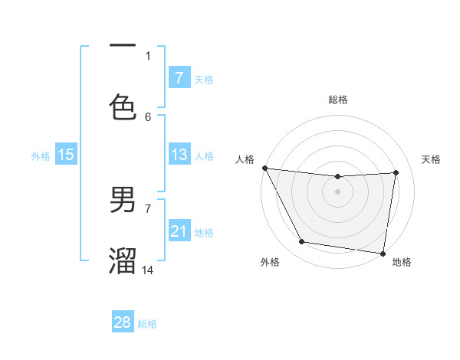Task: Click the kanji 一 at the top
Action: (123, 46)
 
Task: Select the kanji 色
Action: (123, 106)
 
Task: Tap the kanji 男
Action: (123, 200)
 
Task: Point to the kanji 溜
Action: (123, 260)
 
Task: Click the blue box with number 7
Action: (179, 77)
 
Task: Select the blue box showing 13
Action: (179, 155)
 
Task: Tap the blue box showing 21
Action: (179, 231)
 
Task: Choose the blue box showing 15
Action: (66, 155)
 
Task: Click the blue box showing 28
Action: (123, 322)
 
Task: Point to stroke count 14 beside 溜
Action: (149, 270)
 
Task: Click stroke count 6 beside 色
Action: (148, 116)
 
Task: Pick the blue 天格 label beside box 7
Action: (204, 79)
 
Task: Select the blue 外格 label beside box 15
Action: (41, 155)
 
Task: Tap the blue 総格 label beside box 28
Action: (147, 324)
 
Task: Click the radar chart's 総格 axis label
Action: (338, 100)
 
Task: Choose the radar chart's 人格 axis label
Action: (245, 159)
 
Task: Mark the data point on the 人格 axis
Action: (264, 168)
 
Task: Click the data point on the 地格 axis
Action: (383, 253)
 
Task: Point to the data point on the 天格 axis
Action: (396, 172)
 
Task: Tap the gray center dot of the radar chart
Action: (338, 191)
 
